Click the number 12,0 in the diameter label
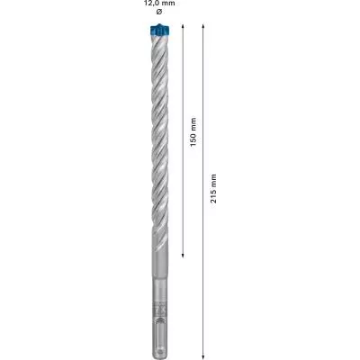point(153,4)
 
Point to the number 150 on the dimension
point(193,125)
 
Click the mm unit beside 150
point(193,143)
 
